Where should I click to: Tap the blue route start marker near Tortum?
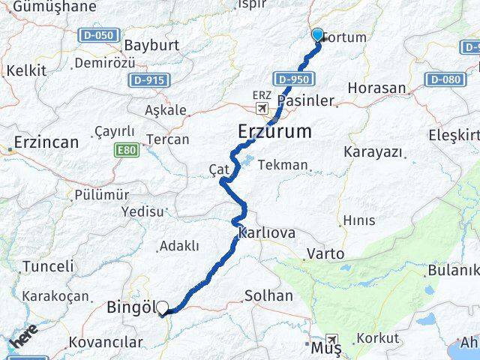coord(317,34)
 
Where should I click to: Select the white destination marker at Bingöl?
coord(162,307)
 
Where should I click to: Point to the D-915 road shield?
coord(148,79)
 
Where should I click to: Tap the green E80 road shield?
coord(126,151)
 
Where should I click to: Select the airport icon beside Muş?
coord(331,340)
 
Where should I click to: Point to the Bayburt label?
coord(151,45)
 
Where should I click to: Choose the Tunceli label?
coord(49,266)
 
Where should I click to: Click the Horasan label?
coord(376,88)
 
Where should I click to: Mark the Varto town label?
coord(325,254)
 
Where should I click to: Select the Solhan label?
coord(268,295)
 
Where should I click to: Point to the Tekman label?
coord(282,165)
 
